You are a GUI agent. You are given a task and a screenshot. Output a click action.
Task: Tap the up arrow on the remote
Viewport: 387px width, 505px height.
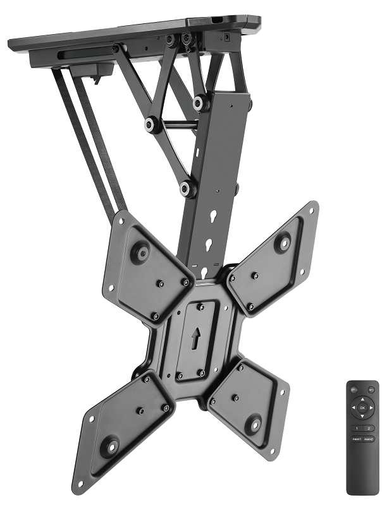click(x=362, y=399)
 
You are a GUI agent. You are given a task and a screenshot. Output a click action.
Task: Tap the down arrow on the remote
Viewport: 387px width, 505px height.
click(x=362, y=416)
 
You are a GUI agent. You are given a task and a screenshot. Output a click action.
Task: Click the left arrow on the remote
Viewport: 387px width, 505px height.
click(x=353, y=408)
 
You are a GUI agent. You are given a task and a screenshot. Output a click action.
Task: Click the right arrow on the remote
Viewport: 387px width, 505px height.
click(x=371, y=408)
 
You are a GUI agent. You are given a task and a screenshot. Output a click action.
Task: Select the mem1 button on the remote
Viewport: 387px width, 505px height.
click(x=357, y=439)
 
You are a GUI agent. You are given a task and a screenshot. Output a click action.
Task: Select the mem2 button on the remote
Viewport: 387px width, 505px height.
click(x=369, y=439)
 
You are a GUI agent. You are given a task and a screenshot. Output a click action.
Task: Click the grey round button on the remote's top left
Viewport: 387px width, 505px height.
click(x=353, y=389)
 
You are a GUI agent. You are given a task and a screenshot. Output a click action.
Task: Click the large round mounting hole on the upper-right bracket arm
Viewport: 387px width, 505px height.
click(x=283, y=241)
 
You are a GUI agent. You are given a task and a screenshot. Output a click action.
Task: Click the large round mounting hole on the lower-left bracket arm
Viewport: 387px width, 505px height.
click(x=108, y=447)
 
